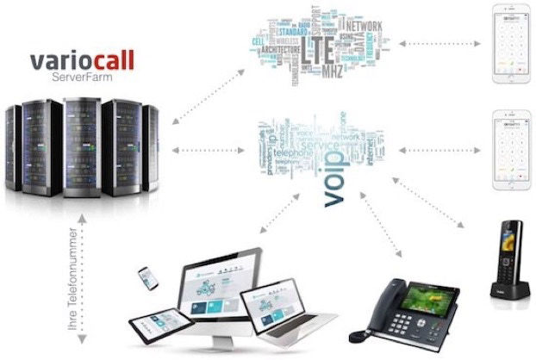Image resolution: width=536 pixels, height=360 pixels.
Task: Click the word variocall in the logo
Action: (83, 62)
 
